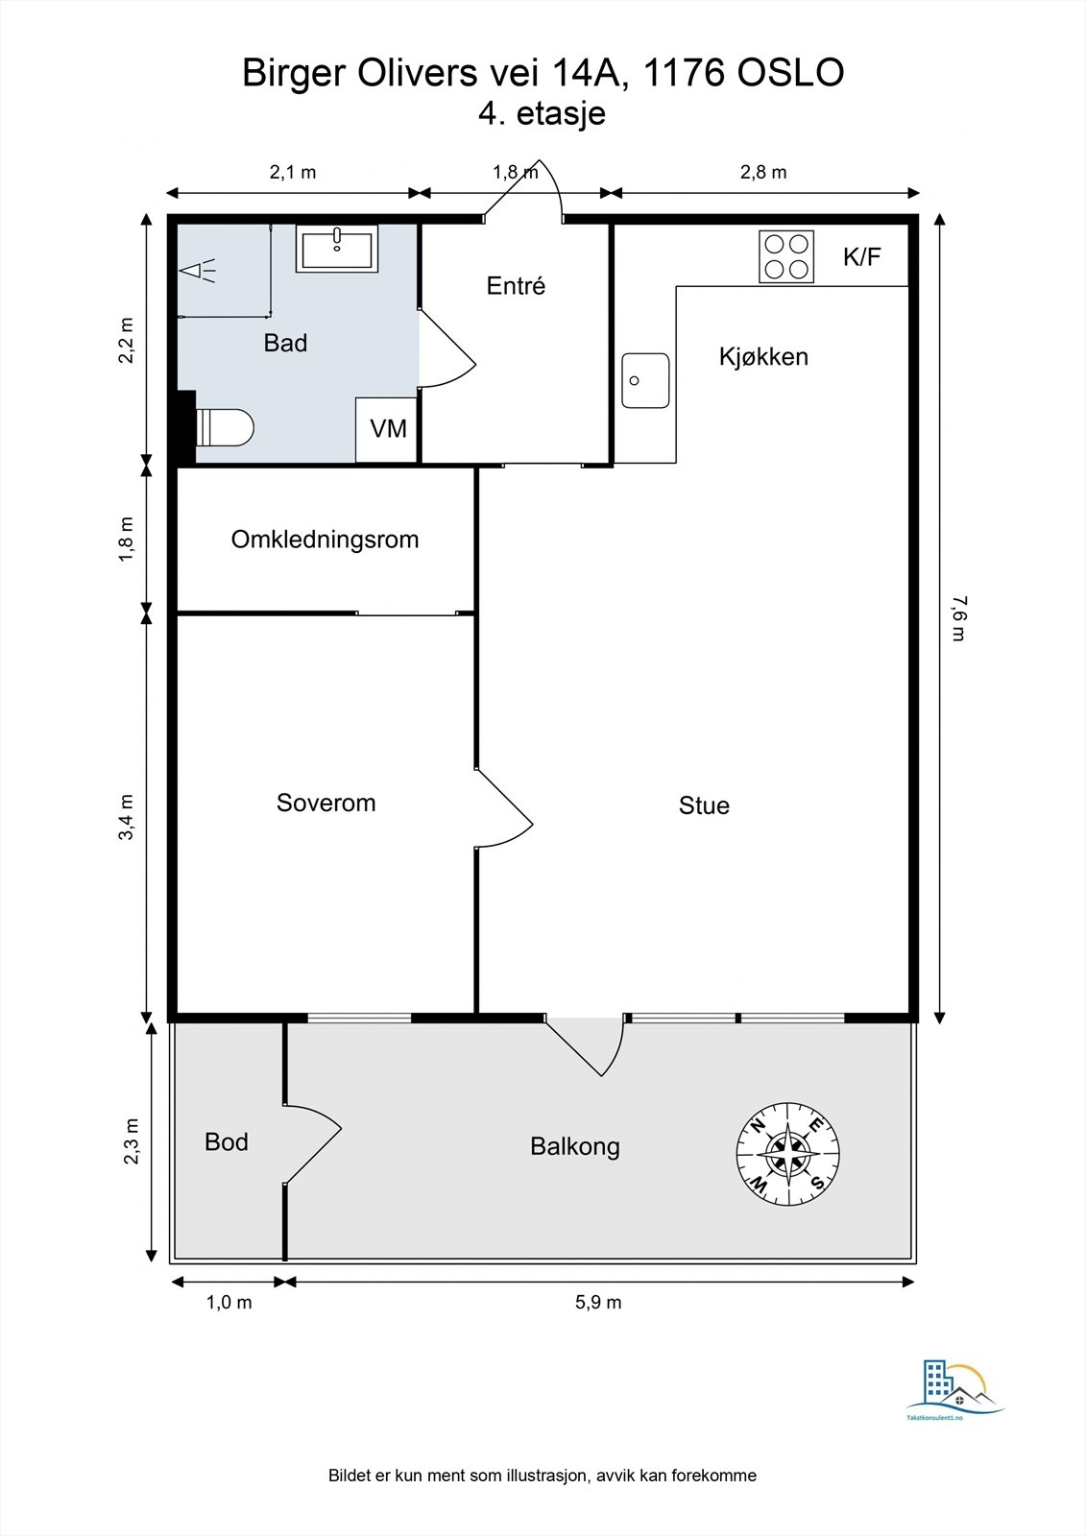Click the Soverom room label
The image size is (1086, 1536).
click(326, 803)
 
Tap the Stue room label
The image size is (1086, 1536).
click(704, 805)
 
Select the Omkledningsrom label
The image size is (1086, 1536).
click(325, 540)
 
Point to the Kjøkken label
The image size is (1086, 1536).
click(763, 356)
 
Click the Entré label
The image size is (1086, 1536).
click(516, 285)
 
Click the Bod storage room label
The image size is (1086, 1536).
click(227, 1141)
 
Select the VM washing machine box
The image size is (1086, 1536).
click(387, 429)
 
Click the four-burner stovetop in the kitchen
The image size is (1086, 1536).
click(786, 256)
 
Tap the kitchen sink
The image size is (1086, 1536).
click(645, 380)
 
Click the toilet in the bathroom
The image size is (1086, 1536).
click(225, 428)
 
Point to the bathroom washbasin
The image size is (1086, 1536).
click(337, 249)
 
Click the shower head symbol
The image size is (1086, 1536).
click(197, 271)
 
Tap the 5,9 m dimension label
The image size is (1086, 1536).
click(598, 1302)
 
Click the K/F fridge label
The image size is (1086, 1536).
click(861, 256)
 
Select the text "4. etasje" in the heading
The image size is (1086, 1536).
click(542, 113)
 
